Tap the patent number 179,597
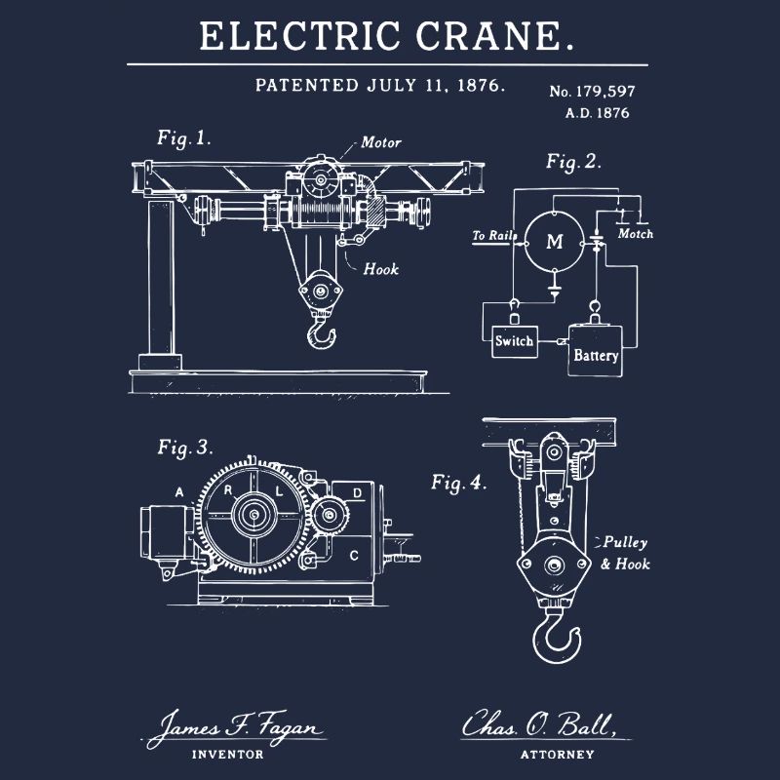pos(605,92)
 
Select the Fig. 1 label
pos(184,138)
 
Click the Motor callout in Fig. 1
pos(381,142)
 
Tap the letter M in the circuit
pos(555,242)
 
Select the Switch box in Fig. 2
pos(515,342)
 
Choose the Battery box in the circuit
pos(595,351)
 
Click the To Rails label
pos(494,235)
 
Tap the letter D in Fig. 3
pos(357,493)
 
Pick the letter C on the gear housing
pos(354,555)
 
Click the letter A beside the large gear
pos(179,492)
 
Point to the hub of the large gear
pos(254,515)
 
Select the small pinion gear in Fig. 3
pos(330,515)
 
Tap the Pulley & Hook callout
pos(625,553)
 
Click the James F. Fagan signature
pos(235,728)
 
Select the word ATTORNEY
pos(557,755)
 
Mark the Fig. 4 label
pos(458,483)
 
